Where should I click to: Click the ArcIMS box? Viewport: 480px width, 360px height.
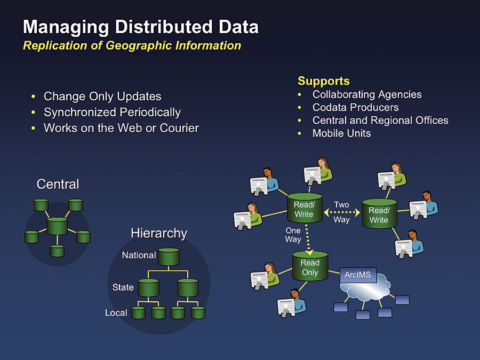[358, 275]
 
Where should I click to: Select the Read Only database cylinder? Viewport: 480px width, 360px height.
[310, 266]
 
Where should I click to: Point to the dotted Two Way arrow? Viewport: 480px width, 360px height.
[342, 212]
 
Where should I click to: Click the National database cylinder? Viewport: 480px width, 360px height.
[169, 257]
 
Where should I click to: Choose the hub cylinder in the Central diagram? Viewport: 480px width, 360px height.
[57, 226]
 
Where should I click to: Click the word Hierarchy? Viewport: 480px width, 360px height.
[159, 233]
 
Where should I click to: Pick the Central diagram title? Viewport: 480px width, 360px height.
[58, 185]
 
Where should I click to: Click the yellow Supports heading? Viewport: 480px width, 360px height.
[324, 81]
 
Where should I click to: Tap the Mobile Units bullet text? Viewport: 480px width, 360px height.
[342, 133]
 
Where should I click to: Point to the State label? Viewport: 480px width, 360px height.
[123, 287]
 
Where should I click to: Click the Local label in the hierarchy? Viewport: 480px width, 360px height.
[116, 313]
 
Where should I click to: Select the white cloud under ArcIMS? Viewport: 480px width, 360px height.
[365, 287]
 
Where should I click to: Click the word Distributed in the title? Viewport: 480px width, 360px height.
[164, 27]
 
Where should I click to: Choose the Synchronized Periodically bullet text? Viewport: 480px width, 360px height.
[113, 113]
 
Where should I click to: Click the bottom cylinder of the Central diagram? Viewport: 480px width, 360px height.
[57, 251]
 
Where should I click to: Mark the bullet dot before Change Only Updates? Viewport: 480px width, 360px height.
[34, 97]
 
